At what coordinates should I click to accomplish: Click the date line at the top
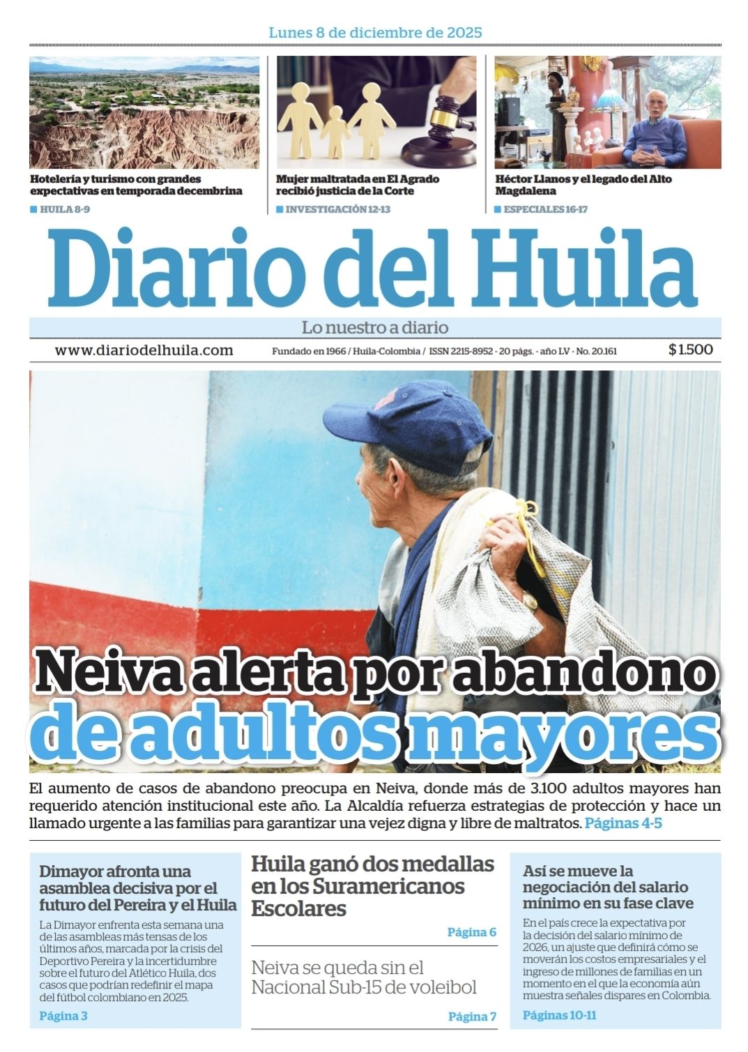click(375, 33)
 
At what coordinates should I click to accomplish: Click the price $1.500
click(690, 350)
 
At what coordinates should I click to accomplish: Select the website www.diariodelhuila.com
click(144, 351)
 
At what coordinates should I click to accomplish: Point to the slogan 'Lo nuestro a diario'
click(375, 327)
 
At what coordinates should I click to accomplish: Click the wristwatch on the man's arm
click(531, 600)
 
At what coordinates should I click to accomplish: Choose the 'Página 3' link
click(63, 1016)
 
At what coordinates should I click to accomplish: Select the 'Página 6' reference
click(471, 932)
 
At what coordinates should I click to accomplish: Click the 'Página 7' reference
click(472, 1016)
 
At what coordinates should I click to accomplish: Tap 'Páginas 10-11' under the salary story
click(560, 1015)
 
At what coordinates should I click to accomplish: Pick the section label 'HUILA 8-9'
click(64, 209)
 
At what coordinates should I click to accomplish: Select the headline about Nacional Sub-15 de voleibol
click(363, 977)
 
